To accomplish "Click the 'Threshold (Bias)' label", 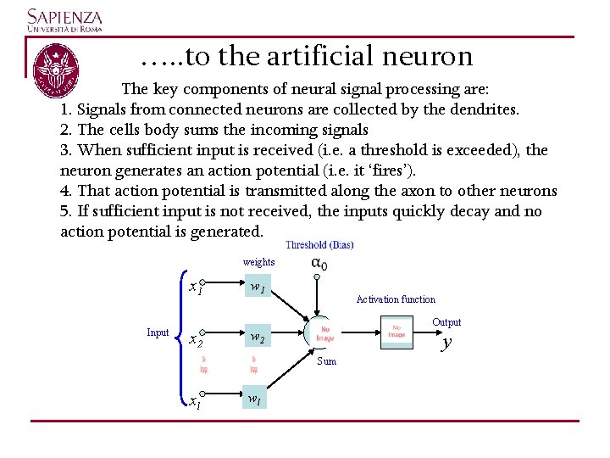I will click(319, 245).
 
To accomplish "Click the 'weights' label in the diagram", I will click(258, 262).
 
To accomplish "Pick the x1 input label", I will click(196, 288).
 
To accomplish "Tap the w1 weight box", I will click(258, 289).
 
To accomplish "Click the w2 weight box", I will click(258, 338).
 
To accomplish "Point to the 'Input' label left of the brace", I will click(158, 332).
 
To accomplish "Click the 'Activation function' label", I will click(396, 299).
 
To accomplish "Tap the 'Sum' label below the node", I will click(326, 361).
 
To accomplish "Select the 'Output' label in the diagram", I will click(446, 322).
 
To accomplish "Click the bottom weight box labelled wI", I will click(254, 398).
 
